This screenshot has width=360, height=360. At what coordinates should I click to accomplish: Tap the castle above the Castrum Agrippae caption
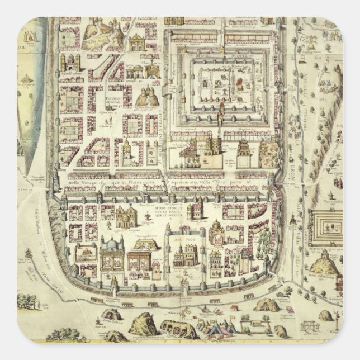[126, 215]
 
